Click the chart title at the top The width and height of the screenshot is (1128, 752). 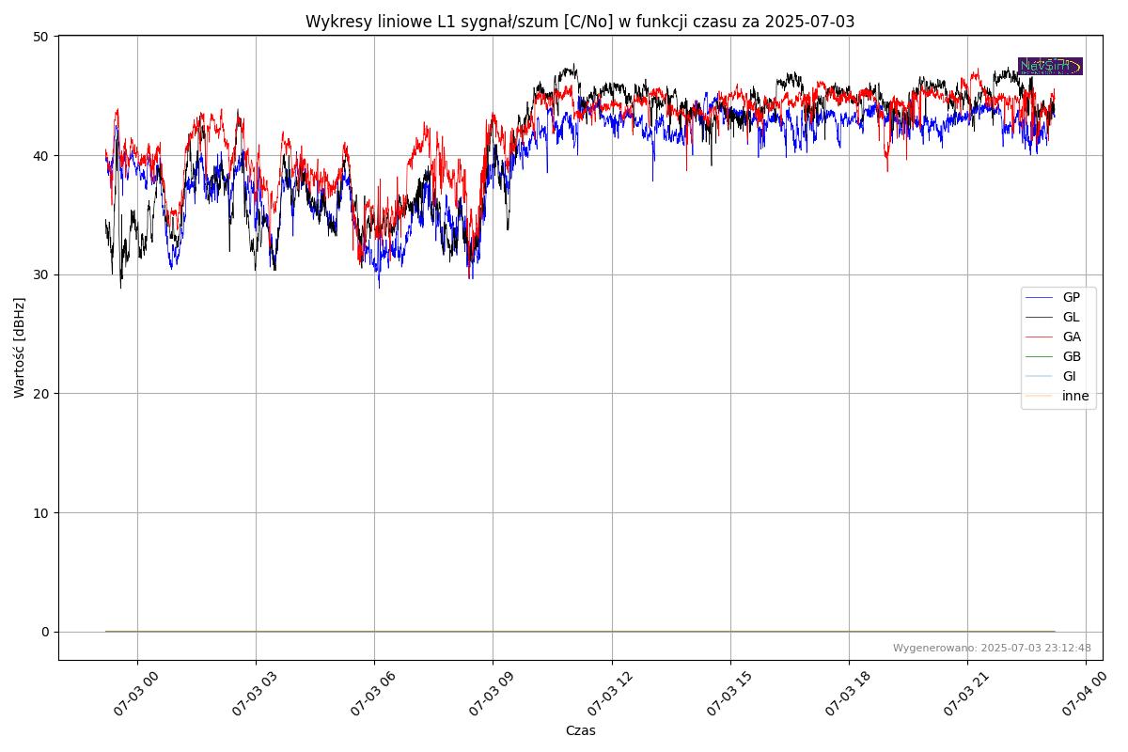point(580,22)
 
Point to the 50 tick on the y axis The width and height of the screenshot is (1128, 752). point(40,37)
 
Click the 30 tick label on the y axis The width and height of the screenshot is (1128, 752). point(40,274)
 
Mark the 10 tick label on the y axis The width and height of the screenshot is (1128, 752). point(40,512)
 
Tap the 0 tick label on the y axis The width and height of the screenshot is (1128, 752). point(44,632)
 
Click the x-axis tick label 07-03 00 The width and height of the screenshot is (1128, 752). point(133,696)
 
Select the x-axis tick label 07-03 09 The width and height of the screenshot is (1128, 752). point(488,696)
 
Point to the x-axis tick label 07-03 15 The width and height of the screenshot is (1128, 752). point(725,696)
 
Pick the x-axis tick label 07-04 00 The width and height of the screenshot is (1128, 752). point(1081,696)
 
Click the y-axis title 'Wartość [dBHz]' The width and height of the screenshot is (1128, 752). point(20,347)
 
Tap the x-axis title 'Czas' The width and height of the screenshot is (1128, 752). point(580,730)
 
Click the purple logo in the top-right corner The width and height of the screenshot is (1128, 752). point(1050,66)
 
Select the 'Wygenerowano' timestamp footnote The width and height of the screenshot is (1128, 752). point(992,648)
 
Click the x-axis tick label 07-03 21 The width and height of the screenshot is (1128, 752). point(963,696)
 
